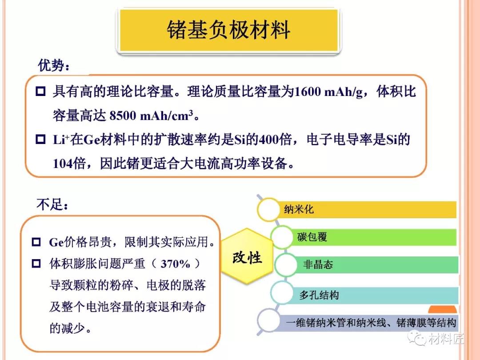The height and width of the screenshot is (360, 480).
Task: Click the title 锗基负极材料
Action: pos(228,30)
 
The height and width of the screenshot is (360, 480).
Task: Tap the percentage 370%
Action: pos(176,264)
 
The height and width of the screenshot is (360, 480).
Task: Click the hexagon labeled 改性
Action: pos(247,256)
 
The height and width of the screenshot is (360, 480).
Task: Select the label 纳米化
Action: pos(299,209)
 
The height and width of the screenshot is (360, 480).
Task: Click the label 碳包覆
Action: pos(312,237)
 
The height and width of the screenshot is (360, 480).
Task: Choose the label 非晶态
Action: pos(318,264)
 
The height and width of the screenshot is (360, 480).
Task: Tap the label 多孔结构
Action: pos(319,295)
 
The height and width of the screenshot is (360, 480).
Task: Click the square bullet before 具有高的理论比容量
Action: pos(40,91)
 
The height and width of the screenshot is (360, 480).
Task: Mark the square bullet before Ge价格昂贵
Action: pos(36,242)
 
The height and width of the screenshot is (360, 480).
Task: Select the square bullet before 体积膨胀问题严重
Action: pos(36,263)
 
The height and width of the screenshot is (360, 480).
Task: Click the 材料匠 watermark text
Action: pos(446,339)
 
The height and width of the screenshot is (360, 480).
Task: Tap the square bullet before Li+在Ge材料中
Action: pos(40,139)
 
